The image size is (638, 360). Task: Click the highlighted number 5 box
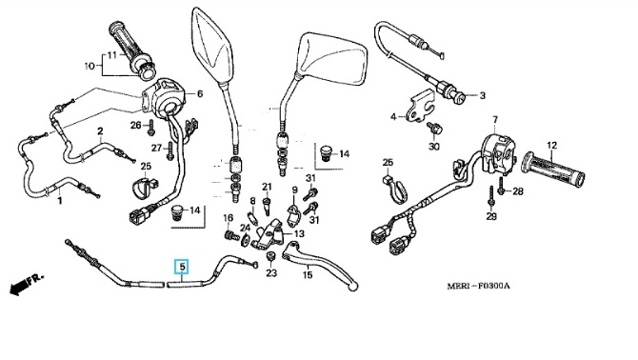coord(182,267)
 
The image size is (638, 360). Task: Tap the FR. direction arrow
coord(26,284)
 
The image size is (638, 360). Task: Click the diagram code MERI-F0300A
coord(478,286)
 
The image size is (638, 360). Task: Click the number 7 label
coord(495,120)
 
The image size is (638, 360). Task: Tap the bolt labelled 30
coord(434,130)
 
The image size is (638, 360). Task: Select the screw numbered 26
coord(151,127)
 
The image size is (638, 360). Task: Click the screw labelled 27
coord(170,150)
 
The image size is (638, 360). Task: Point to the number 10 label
coord(90,66)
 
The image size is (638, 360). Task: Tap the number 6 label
coord(200,94)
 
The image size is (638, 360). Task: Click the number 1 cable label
coord(60,201)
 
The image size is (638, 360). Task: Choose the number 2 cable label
coord(100,131)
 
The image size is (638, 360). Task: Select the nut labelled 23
coord(269,257)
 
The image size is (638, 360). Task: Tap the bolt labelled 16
coord(231,235)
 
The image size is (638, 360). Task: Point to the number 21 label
coord(267,187)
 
